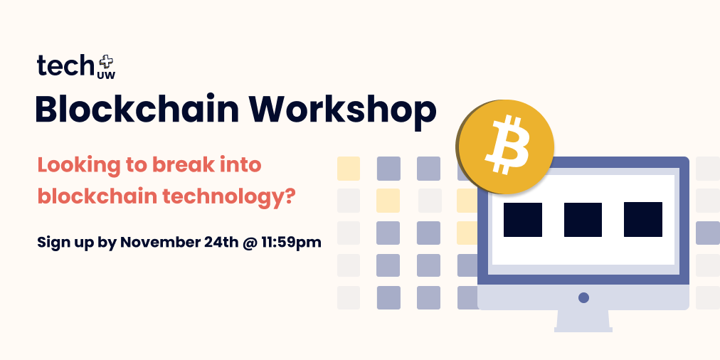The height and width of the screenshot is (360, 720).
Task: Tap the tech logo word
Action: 65,66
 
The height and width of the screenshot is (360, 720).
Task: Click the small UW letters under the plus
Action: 105,74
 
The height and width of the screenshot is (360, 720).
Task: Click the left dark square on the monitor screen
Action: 523,220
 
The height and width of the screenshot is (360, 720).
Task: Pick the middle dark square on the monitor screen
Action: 583,220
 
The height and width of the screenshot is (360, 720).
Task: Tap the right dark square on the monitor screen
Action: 643,220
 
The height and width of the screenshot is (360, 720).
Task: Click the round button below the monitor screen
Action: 583,297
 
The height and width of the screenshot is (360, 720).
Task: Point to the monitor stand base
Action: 583,328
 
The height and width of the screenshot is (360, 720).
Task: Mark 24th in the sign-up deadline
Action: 218,242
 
